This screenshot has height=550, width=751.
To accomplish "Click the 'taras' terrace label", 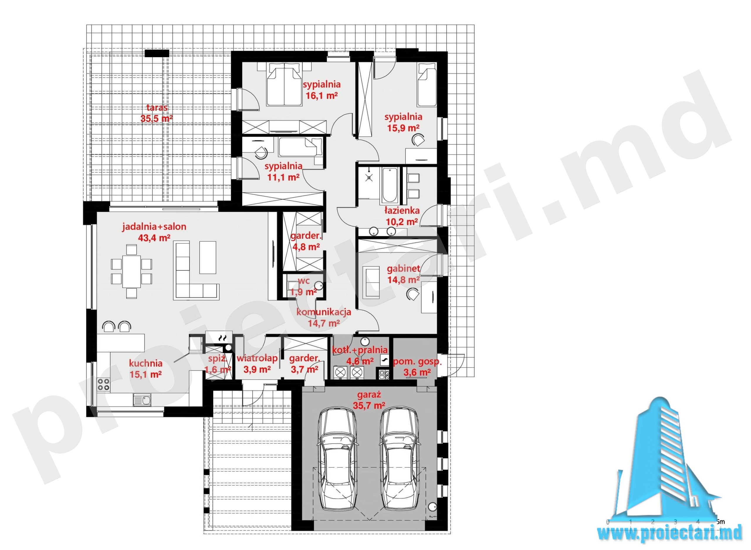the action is click(157, 108).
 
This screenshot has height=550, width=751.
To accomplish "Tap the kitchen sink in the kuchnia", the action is click(142, 400).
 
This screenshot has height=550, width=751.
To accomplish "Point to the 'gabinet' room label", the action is click(403, 268).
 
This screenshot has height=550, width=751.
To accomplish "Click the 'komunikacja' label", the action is click(324, 312).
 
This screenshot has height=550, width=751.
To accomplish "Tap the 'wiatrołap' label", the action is click(257, 358).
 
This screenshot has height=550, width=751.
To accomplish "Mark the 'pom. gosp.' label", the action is click(417, 362).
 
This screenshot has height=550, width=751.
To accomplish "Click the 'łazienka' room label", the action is click(402, 211).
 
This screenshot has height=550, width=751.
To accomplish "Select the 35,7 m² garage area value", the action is click(369, 405).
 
